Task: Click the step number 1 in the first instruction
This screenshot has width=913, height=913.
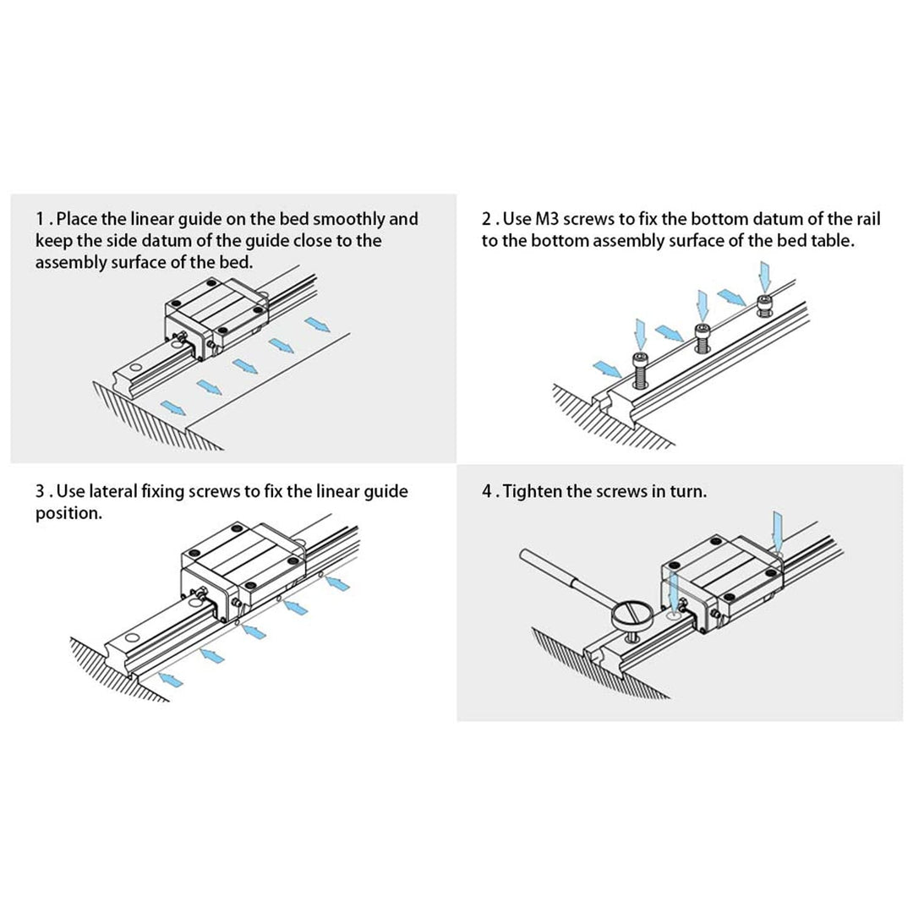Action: (41, 220)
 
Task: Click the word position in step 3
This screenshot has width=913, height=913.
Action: (68, 513)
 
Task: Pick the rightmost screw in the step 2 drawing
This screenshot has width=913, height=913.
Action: (765, 305)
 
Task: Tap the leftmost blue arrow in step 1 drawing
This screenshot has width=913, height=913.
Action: (173, 409)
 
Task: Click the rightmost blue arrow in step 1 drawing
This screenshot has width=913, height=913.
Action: (318, 325)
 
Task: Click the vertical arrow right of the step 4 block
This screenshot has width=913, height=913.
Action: (778, 528)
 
